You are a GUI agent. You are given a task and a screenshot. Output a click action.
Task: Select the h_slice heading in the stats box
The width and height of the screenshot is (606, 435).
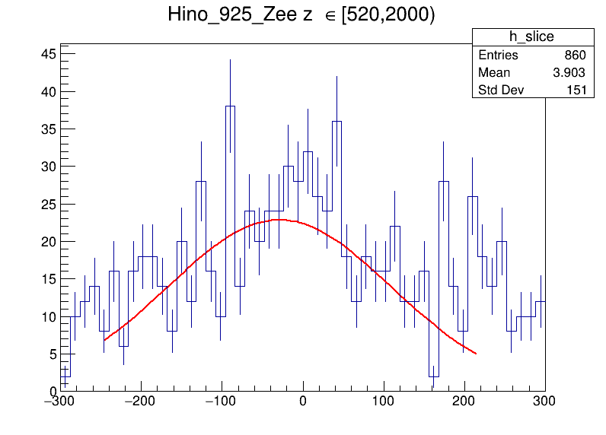click(x=532, y=37)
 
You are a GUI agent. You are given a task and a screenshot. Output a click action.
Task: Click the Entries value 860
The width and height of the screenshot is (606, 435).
click(x=575, y=56)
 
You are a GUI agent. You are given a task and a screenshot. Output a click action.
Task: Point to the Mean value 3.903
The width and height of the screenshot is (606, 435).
click(x=569, y=73)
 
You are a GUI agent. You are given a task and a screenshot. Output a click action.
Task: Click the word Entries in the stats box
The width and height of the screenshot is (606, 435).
click(x=498, y=56)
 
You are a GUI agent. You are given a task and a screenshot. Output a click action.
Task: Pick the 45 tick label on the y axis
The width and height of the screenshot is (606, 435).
click(x=48, y=54)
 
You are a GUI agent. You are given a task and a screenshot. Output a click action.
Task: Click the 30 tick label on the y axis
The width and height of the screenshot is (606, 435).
click(x=48, y=167)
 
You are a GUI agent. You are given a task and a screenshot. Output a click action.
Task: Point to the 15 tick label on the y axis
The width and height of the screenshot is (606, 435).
click(x=48, y=279)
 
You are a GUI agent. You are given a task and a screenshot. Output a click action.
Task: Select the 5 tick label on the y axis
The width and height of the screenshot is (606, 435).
click(x=52, y=354)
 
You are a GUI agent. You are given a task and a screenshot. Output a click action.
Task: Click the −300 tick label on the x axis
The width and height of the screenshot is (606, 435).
click(x=59, y=400)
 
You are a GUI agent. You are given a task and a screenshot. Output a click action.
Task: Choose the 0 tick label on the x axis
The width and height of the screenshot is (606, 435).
click(x=303, y=400)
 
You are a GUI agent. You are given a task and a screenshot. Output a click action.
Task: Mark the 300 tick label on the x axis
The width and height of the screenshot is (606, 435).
click(x=544, y=400)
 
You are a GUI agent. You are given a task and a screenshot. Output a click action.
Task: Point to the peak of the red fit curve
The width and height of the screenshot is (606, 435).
click(x=279, y=220)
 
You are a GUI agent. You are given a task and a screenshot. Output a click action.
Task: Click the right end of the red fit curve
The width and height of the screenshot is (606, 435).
click(x=475, y=353)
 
